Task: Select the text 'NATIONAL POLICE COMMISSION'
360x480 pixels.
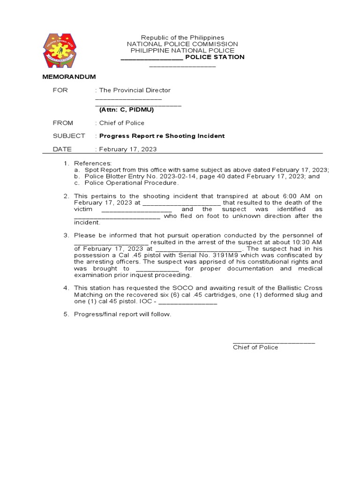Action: [182, 44]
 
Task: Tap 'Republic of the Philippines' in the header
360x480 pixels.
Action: [182, 37]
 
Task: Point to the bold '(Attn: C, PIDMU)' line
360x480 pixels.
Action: [126, 110]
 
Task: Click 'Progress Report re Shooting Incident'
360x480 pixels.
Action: [162, 136]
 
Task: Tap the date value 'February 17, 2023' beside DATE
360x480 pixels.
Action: [128, 149]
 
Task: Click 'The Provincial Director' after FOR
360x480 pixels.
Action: [135, 90]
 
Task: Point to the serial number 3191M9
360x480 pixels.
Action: [197, 255]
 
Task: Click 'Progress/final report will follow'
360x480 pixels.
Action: [123, 314]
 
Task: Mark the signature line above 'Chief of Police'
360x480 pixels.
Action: [274, 342]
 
